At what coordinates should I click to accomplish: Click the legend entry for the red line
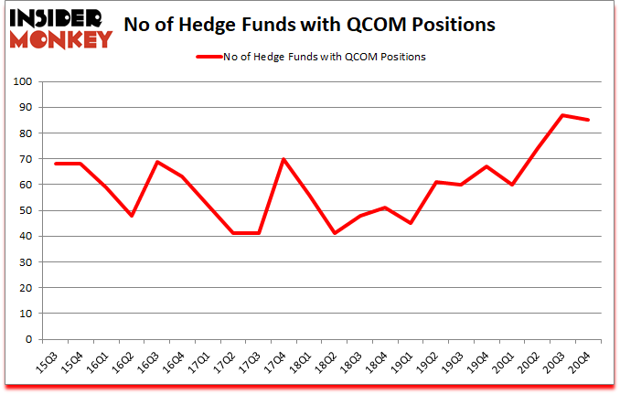pyautogui.click(x=311, y=57)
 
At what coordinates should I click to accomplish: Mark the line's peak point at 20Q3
pyautogui.click(x=562, y=115)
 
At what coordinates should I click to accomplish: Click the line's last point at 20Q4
pyautogui.click(x=588, y=121)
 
